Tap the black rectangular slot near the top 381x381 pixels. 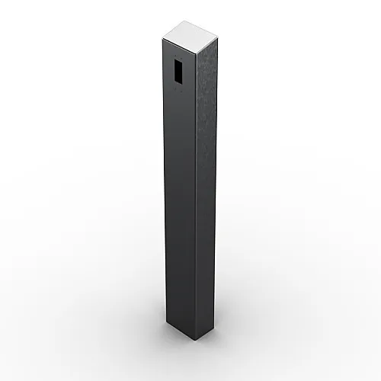(x=178, y=71)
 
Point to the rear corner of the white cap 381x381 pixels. (x=185, y=21)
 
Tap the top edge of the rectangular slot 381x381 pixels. (x=178, y=59)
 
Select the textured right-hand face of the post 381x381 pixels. (x=206, y=190)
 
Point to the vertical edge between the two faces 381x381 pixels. (x=195, y=190)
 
